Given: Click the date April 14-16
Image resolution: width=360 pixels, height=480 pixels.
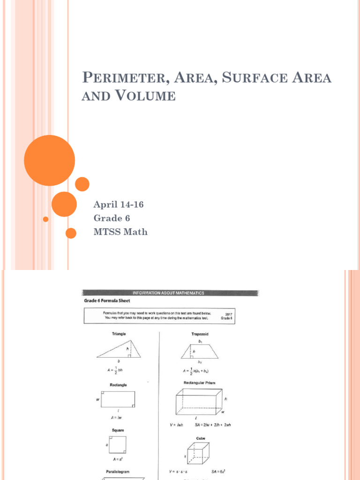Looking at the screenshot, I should [x=119, y=204].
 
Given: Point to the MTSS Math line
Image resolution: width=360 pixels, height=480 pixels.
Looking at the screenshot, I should [x=120, y=232].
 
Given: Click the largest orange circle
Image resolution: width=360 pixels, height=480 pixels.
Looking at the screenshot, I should [x=49, y=160].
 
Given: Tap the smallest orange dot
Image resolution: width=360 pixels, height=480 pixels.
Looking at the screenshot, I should [x=45, y=219].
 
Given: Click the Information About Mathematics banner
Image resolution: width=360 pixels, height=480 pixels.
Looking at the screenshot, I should [x=171, y=293].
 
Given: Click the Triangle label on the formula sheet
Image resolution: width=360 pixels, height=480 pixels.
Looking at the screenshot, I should [x=118, y=334].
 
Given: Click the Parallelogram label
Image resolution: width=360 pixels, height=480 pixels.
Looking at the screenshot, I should [x=118, y=472].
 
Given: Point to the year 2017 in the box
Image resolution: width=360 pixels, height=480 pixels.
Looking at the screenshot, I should [x=228, y=314].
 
